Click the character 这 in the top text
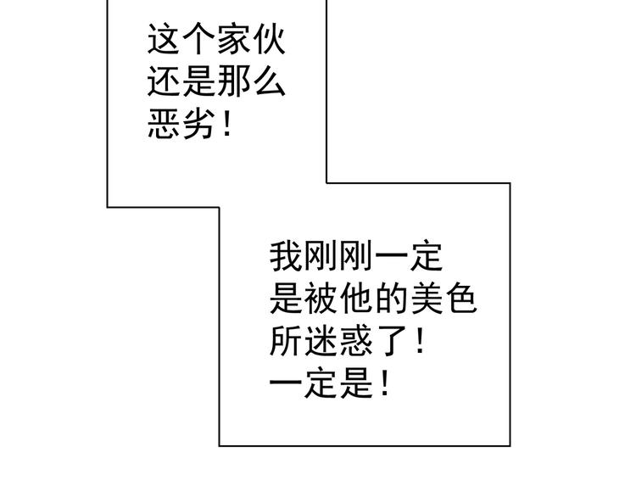pyautogui.click(x=163, y=39)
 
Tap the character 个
pyautogui.click(x=198, y=39)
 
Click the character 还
pyautogui.click(x=163, y=81)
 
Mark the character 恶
pyautogui.click(x=163, y=124)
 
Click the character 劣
pyautogui.click(x=198, y=124)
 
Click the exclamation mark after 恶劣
pyautogui.click(x=227, y=124)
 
